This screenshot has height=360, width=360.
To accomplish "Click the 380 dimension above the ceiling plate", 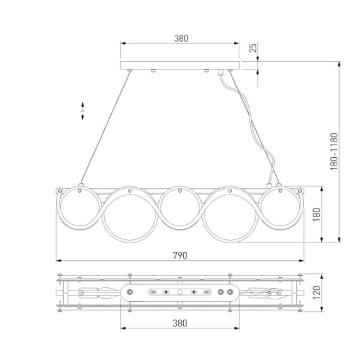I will click(181, 37).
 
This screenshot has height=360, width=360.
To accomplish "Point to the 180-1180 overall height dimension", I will click(333, 152).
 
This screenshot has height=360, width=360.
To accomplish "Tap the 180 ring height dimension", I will click(316, 214).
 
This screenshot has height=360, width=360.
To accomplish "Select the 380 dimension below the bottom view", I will click(180, 323).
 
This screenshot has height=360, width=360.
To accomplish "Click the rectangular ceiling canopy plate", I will click(181, 65).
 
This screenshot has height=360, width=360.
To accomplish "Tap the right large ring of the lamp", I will click(230, 215).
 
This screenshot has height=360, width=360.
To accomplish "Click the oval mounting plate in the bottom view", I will click(180, 292).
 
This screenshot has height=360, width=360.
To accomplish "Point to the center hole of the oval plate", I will click(180, 292).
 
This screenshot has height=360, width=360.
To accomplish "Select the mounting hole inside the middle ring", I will click(179, 191).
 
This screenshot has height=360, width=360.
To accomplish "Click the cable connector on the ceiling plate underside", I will click(220, 74).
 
